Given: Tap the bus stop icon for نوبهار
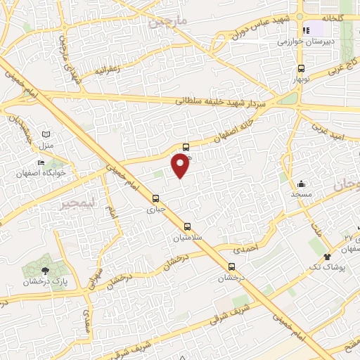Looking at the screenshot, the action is coord(301,69).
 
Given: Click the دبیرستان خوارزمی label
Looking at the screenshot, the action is coord(306,42).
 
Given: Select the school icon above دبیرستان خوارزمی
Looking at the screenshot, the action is coord(306,31).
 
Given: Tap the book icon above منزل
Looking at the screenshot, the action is coord(46,134).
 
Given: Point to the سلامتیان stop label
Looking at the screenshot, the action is coord(188,238).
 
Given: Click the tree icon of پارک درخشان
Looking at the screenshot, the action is coord(46,271).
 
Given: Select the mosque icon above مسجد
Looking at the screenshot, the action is coord(301,181).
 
